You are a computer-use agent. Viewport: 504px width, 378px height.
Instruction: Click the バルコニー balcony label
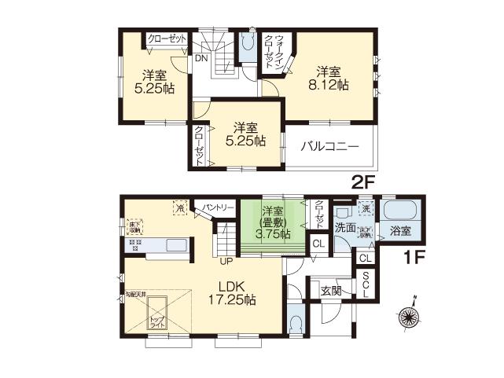click(329, 146)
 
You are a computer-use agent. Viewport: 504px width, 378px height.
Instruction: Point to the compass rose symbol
click(409, 316)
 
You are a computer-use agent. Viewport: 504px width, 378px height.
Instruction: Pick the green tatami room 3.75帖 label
click(273, 222)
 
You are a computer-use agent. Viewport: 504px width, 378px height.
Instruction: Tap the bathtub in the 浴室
click(401, 211)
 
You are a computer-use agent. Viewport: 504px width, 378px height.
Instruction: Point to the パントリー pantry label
click(218, 207)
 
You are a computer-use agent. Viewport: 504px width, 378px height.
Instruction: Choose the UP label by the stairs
click(226, 261)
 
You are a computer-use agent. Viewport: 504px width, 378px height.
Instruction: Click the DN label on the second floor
click(202, 59)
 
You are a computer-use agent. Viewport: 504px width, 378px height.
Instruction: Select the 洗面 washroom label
click(344, 228)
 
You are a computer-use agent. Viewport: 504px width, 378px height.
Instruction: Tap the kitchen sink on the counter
click(173, 244)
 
